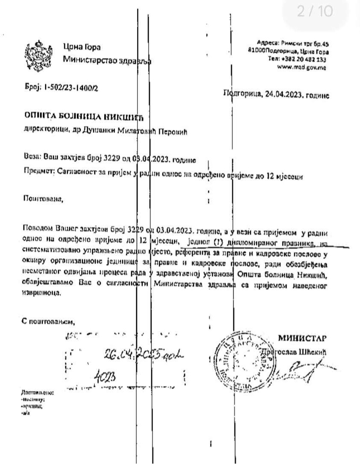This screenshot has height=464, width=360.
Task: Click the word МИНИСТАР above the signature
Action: pos(302,339)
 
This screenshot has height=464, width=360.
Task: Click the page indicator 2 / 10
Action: pos(315,12)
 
